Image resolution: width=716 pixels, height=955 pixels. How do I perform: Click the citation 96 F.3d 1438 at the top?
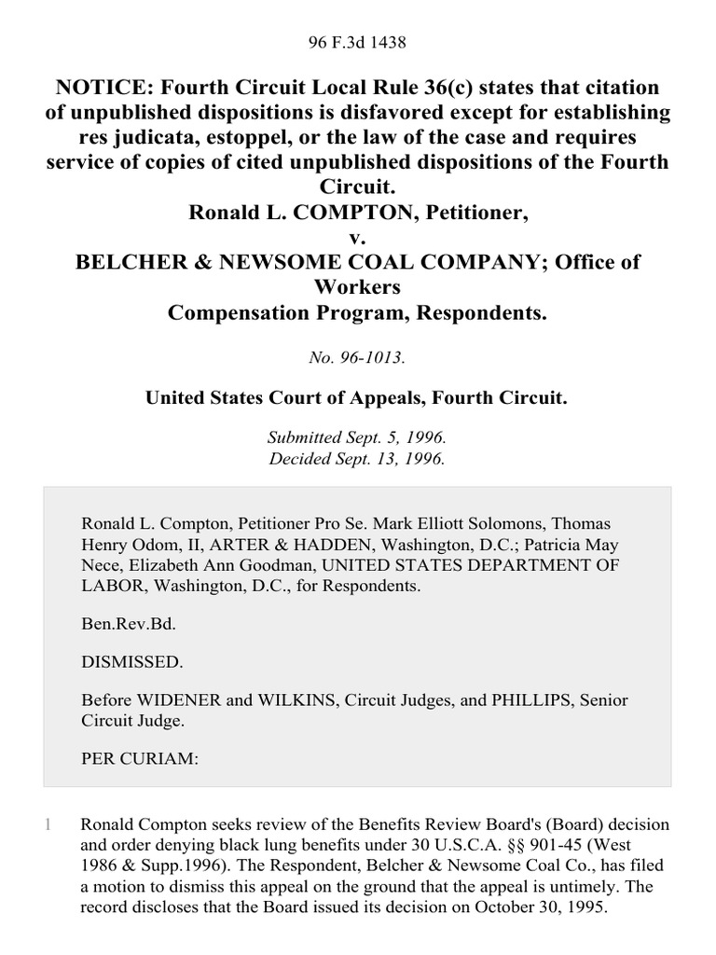click(358, 42)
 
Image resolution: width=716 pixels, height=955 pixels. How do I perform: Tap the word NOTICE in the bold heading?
click(105, 88)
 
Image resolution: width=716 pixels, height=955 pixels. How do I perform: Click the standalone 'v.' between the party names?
click(358, 237)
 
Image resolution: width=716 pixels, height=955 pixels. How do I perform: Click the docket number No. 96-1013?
click(358, 357)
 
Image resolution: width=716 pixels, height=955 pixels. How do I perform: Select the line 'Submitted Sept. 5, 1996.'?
click(358, 436)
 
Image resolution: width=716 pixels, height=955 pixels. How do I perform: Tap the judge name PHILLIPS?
click(486, 699)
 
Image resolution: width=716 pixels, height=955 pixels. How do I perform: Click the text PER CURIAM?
click(140, 758)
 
